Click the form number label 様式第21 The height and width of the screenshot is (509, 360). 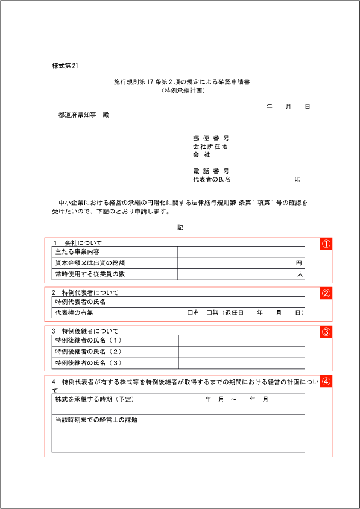coord(66,66)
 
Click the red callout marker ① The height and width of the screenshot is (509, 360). coord(326,244)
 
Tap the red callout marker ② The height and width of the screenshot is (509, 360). coord(326,294)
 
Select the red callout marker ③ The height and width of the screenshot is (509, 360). coord(326,332)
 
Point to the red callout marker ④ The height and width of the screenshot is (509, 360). coord(326,381)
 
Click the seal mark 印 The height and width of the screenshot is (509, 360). coord(297,180)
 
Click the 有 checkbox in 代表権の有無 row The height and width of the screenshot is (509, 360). coord(190,313)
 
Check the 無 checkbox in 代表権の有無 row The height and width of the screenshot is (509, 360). coord(209,313)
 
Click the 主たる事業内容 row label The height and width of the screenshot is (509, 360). coord(77,251)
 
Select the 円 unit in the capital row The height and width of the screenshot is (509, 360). coord(298,263)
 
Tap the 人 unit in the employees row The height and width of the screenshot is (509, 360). coord(298,274)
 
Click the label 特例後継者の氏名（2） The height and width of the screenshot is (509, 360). coord(88,352)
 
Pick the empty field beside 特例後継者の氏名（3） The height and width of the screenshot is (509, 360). coord(241,363)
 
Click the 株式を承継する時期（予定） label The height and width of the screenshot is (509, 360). coord(94,400)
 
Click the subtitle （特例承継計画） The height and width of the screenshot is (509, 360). coord(183,90)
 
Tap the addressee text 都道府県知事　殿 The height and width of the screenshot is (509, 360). coord(83,115)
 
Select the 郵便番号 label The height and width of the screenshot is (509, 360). coord(211,138)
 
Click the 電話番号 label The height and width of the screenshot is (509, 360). coord(211,171)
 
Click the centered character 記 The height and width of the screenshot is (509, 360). coord(180,228)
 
